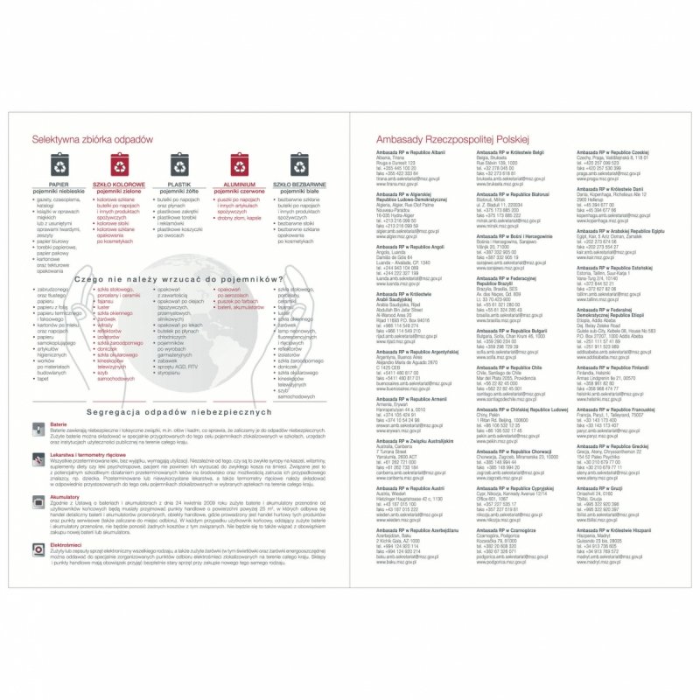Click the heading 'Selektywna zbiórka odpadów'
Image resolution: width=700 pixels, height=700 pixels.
87,139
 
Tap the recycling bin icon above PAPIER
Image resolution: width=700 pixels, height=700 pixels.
59,165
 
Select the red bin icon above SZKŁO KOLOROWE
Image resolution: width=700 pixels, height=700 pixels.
119,165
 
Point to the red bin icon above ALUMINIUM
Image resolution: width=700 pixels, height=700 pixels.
239,165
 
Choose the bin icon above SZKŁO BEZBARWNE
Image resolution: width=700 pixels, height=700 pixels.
298,165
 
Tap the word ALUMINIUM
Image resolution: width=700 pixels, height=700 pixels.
239,185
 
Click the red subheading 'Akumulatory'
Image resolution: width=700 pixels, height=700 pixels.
66,496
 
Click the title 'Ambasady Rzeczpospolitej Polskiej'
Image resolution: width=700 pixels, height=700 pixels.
452,139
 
